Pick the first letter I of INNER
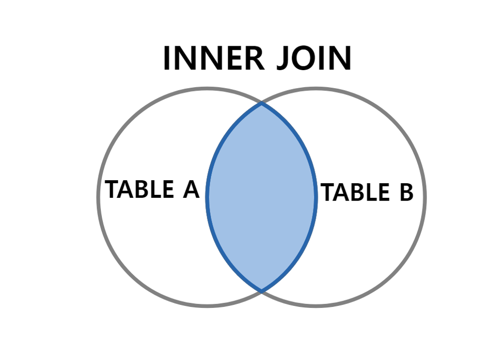coord(167,58)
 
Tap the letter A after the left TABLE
coord(191,189)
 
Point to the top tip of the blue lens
coord(262,104)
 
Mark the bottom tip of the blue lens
coord(262,290)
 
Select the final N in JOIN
coord(340,58)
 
